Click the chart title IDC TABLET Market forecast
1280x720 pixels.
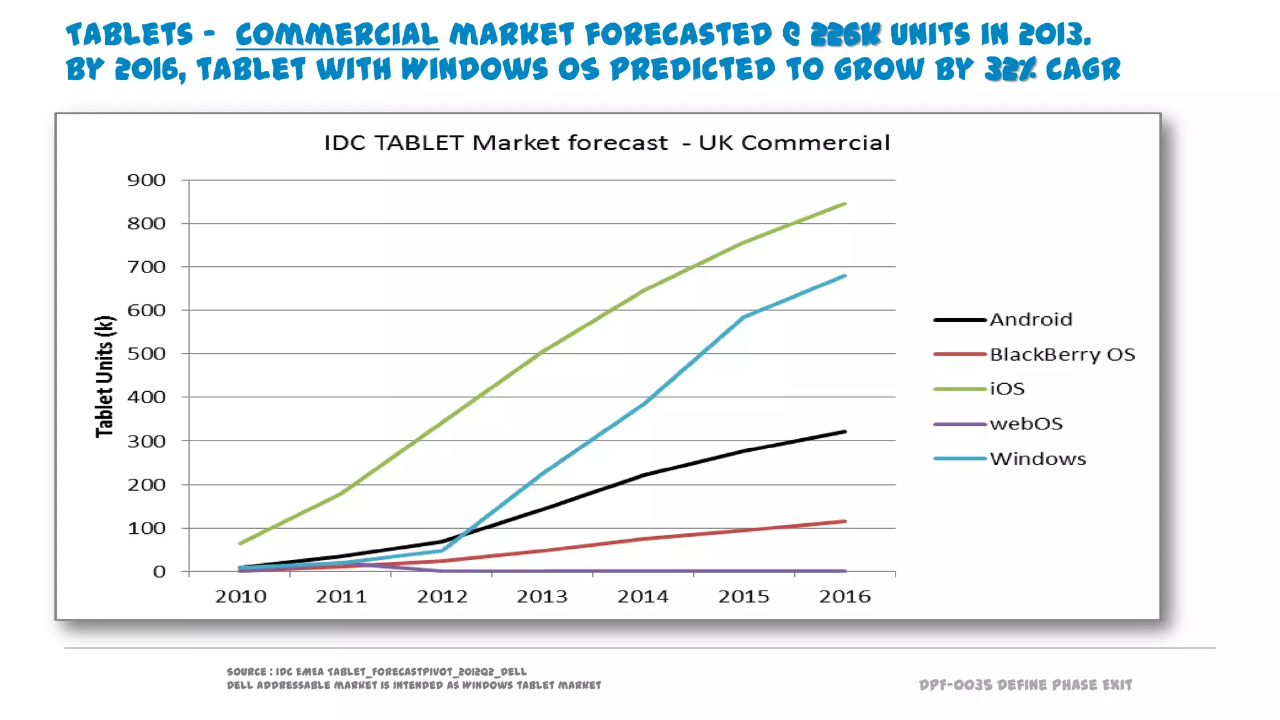click(606, 143)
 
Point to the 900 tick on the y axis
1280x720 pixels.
click(146, 181)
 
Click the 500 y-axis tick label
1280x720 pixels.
click(146, 354)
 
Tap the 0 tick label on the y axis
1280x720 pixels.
click(159, 571)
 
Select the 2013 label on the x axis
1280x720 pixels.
click(542, 596)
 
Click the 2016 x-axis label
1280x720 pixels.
click(844, 596)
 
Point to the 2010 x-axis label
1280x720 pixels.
click(241, 596)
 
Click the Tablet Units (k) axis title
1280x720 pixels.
click(104, 376)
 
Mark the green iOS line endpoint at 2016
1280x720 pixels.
click(844, 204)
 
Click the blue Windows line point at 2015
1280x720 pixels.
click(744, 317)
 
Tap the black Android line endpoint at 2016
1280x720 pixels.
click(844, 432)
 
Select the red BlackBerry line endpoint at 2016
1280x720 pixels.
click(844, 521)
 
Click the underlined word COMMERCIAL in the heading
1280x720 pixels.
click(336, 34)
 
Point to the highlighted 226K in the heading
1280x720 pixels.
click(845, 34)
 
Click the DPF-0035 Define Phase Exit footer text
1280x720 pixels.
click(1025, 685)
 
